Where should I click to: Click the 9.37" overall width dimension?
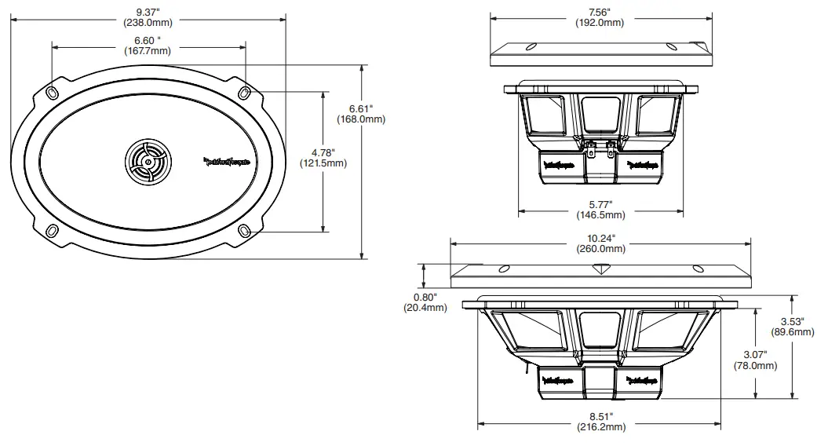[x=148, y=16]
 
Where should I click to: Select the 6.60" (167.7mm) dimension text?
[x=148, y=46]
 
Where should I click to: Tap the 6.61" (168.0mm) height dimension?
[x=366, y=114]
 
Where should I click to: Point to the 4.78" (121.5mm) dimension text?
[x=323, y=158]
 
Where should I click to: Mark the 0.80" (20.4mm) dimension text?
[x=425, y=302]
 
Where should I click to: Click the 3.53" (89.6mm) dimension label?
[x=799, y=326]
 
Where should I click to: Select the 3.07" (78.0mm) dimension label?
[x=755, y=360]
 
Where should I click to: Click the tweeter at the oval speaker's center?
[x=146, y=163]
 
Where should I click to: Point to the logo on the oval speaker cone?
[x=227, y=163]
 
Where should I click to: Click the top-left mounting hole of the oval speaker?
[x=53, y=93]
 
